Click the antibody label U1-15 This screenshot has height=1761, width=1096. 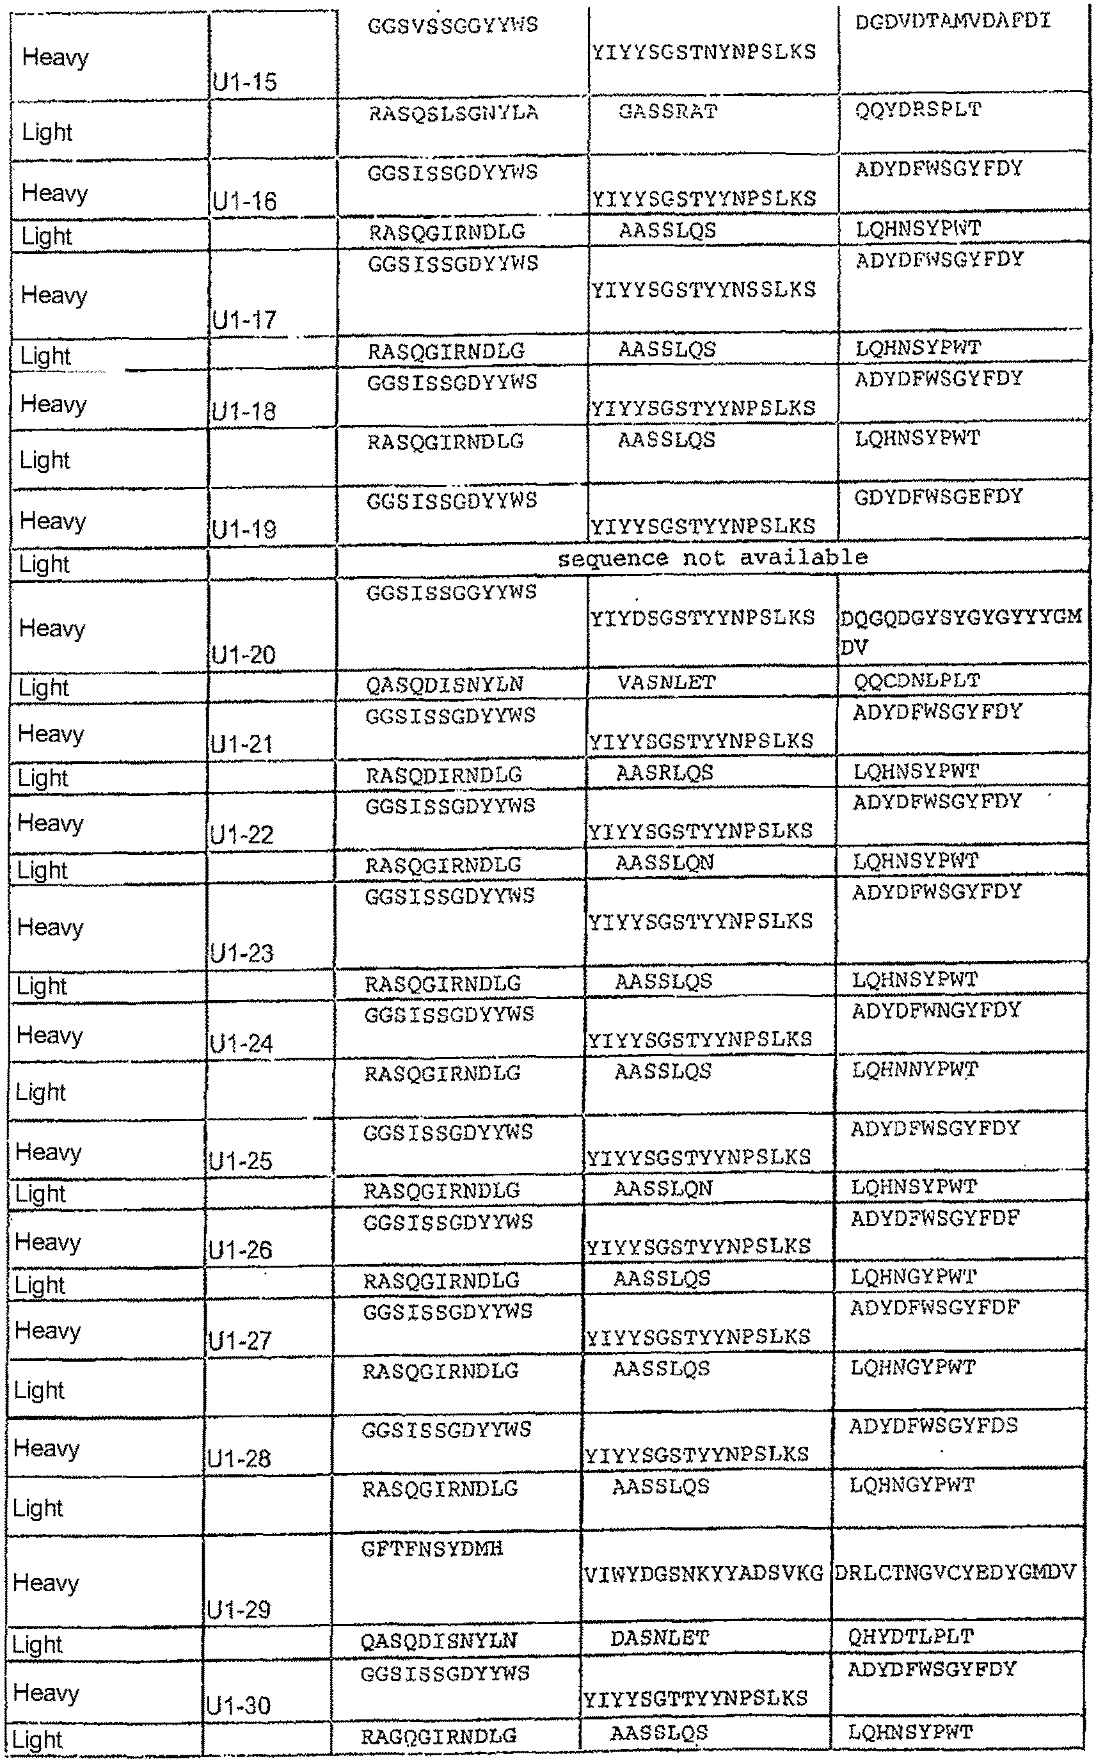pos(245,82)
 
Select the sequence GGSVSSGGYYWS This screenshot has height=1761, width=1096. pos(452,26)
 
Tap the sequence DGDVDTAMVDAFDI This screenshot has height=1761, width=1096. pos(953,22)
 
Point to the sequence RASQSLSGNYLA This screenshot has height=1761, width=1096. pos(454,114)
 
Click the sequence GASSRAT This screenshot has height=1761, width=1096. pos(667,113)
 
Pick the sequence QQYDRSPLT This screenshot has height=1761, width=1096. pos(917,110)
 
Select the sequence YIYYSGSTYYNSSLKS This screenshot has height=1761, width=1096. pos(703,290)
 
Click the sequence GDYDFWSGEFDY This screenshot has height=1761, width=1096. pos(938,497)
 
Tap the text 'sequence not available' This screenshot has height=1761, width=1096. pos(712,557)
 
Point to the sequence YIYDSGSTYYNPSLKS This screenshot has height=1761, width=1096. pos(702,618)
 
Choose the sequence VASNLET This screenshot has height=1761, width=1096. pos(666,682)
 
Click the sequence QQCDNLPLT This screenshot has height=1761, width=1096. pos(916,681)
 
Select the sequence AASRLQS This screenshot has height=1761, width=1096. pos(665,773)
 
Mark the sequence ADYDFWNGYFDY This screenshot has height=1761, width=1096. pos(936,1010)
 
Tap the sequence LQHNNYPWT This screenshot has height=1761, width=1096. pos(915,1069)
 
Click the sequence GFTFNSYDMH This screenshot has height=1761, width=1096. pos(432,1549)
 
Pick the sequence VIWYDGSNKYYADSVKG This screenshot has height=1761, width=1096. pos(703,1574)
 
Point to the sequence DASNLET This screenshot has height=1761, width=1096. pos(659,1637)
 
